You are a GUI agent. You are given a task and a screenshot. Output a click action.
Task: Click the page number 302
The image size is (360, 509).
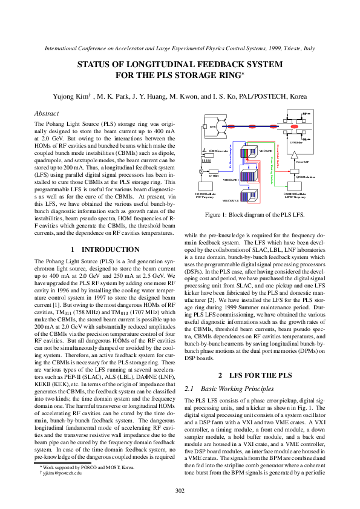coord(180,490)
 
